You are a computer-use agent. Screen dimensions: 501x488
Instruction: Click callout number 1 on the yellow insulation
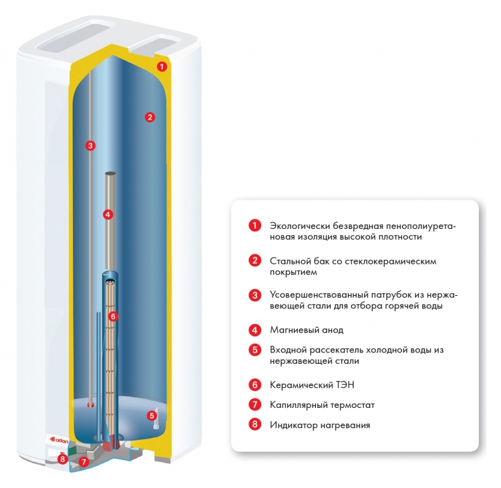pos(162,67)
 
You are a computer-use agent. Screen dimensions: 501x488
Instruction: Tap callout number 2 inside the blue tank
pos(150,117)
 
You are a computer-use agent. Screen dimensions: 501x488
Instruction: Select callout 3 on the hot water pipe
pos(90,146)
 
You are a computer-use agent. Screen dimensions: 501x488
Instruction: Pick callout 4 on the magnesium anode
pos(108,214)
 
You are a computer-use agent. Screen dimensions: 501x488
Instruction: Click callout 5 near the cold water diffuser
pos(152,416)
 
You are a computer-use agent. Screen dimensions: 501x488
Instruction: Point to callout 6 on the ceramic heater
pos(113,316)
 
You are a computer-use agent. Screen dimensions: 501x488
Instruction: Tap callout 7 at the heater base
pos(83,462)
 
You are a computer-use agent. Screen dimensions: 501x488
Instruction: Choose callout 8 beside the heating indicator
pos(63,459)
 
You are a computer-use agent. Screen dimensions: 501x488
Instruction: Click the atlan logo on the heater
pos(59,441)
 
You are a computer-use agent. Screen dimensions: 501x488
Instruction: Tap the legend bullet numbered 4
pos(255,330)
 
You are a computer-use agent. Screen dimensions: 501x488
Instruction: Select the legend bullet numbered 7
pos(255,405)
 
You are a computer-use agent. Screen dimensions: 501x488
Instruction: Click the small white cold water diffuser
pos(156,419)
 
